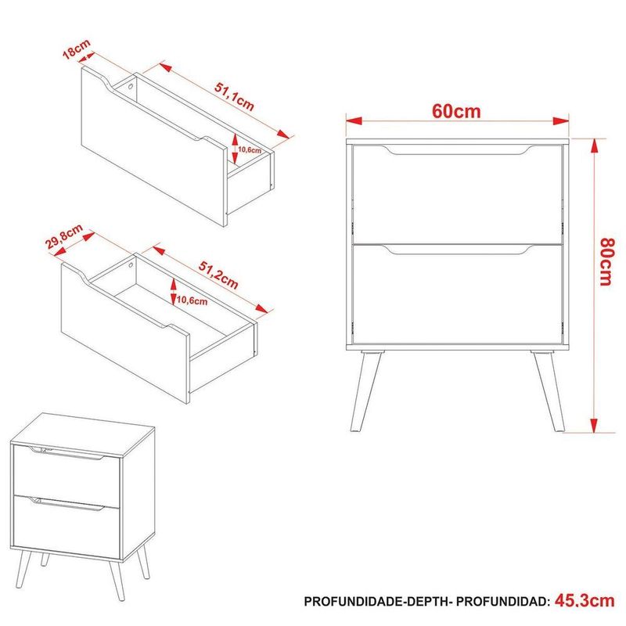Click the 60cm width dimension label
pos(456,110)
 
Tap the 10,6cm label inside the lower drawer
pos(192,300)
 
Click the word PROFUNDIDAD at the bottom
pos(501,602)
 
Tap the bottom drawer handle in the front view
pos(456,250)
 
